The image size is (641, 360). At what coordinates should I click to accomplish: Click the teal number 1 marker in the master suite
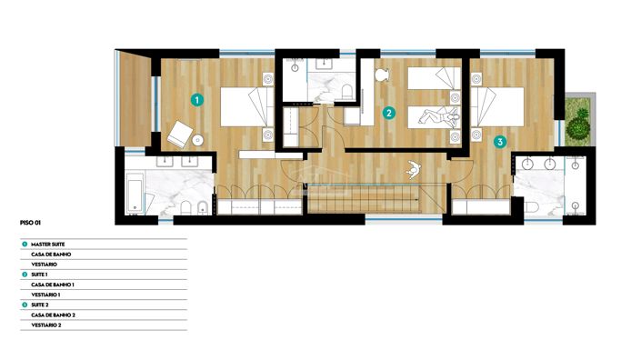coord(197,98)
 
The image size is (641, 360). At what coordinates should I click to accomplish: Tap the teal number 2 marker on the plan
coord(388,114)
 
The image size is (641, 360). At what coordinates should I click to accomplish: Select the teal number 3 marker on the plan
coord(499,142)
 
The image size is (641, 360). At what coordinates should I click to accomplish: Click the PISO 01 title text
coord(31,221)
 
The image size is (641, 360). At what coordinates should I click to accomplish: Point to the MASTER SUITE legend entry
coord(50,245)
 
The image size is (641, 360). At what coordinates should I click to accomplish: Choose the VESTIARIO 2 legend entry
coord(46,325)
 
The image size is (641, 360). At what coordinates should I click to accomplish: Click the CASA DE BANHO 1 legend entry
coord(53,285)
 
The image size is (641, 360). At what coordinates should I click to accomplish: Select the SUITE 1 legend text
coord(40,274)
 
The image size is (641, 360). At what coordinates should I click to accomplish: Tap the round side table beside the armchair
coord(197,141)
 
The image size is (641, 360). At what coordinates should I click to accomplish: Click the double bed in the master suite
coord(245,105)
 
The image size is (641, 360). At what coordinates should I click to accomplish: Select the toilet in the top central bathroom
coord(347,90)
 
